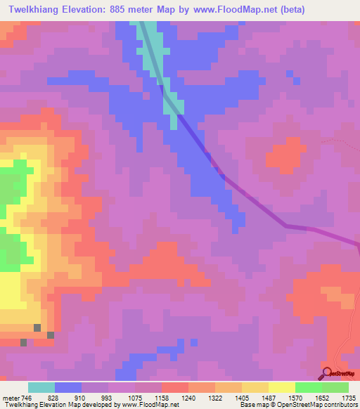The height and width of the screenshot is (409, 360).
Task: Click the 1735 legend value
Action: click(347, 397)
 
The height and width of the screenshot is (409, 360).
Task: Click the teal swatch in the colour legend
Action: click(41, 387)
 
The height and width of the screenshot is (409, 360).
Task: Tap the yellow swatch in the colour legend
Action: click(281, 387)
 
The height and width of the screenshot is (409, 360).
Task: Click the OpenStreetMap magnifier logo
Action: click(326, 372)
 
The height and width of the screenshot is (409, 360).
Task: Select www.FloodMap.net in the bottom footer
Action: click(151, 405)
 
